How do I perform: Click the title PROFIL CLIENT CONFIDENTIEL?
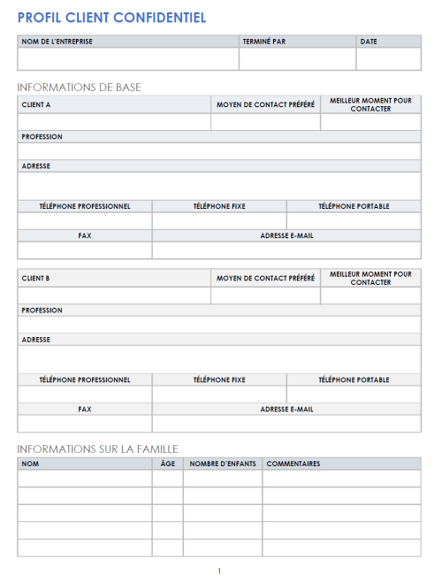[112, 17]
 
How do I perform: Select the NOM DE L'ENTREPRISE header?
[57, 41]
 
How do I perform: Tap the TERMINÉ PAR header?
[264, 41]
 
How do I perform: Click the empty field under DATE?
[388, 58]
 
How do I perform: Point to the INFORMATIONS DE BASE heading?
[79, 87]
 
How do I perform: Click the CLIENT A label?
[36, 104]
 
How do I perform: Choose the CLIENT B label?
[36, 278]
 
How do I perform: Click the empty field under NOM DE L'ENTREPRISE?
[127, 58]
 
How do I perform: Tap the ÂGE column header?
[167, 464]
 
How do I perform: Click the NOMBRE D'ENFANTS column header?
[221, 464]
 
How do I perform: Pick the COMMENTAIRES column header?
[293, 464]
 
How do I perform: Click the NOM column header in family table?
[30, 464]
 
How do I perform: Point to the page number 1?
[219, 571]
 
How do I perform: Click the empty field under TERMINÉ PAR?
[297, 58]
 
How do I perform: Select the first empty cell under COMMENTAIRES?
[341, 479]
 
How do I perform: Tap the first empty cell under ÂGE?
[167, 479]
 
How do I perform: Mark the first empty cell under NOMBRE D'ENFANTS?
[222, 479]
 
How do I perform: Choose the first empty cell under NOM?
[84, 479]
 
